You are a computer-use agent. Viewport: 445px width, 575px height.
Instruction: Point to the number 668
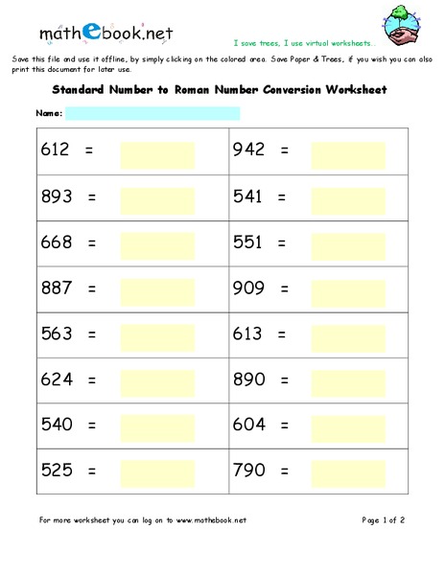(57, 242)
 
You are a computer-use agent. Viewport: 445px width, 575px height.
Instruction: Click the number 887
(57, 287)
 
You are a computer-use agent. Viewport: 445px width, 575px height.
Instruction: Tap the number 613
(249, 334)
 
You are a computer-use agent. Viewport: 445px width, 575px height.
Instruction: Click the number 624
(57, 379)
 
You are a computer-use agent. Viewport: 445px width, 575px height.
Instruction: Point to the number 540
(57, 425)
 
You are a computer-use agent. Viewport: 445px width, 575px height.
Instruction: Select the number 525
(57, 471)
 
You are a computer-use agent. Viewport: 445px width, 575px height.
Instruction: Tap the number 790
(249, 471)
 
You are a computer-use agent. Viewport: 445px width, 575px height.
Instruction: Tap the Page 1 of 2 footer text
(384, 520)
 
